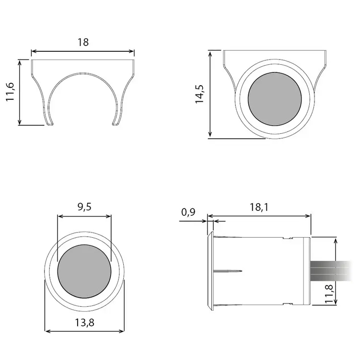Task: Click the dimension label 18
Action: pyautogui.click(x=83, y=42)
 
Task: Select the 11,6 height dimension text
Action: pyautogui.click(x=10, y=92)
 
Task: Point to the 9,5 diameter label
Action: pyautogui.click(x=84, y=207)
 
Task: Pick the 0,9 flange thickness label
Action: pyautogui.click(x=188, y=211)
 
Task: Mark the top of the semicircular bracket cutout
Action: pyautogui.click(x=83, y=72)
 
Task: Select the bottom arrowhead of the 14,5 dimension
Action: pyautogui.click(x=210, y=136)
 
